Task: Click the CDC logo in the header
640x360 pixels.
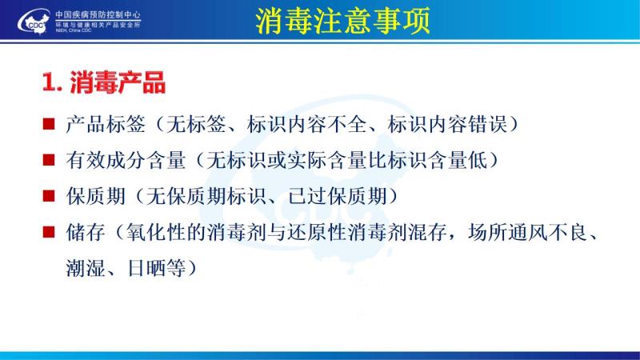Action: click(x=34, y=22)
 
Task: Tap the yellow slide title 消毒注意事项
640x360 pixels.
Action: click(x=343, y=21)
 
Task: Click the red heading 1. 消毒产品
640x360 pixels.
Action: click(x=104, y=82)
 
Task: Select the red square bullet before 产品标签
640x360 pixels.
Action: click(x=49, y=123)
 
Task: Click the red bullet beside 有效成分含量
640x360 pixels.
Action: click(x=49, y=159)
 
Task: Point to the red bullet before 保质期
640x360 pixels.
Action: click(x=49, y=196)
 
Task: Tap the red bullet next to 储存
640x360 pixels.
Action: click(x=49, y=232)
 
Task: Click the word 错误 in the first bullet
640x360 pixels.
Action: click(x=487, y=124)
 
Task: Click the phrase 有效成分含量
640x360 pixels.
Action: click(x=126, y=160)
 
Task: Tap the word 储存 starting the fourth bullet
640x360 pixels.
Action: click(x=86, y=233)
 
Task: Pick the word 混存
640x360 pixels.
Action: click(x=427, y=233)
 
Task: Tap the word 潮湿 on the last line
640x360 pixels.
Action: click(x=86, y=269)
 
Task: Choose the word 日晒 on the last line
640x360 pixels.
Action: click(x=146, y=269)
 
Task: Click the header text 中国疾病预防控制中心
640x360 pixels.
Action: click(x=98, y=15)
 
